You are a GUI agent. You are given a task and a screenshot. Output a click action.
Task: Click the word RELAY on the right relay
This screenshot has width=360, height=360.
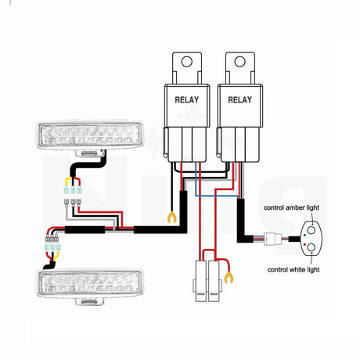click(239, 100)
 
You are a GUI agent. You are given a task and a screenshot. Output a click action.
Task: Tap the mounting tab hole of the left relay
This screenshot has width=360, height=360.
click(186, 63)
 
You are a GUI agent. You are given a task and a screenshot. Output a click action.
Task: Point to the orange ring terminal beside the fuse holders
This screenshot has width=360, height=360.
click(229, 276)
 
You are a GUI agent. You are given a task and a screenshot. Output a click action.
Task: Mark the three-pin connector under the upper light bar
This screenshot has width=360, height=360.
click(74, 188)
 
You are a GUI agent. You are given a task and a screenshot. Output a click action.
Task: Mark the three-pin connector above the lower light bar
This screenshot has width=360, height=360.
click(54, 249)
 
